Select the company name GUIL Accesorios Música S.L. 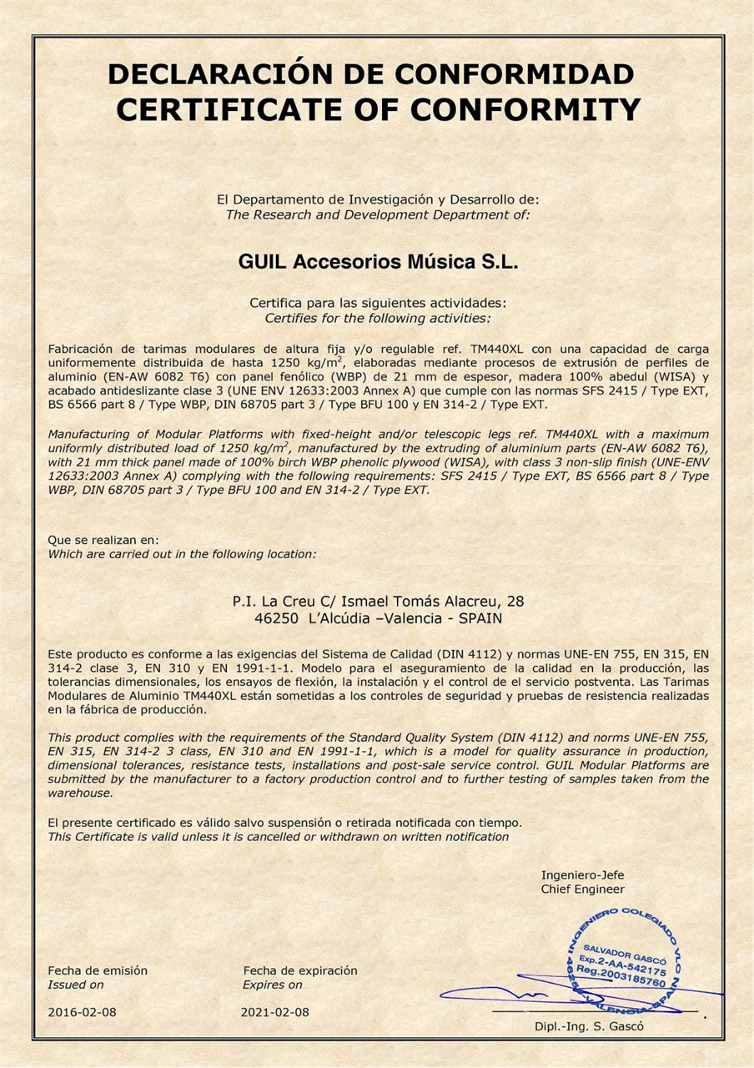378,262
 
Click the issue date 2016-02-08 82,1012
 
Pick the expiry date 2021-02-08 274,1012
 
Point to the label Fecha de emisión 98,970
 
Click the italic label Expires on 273,985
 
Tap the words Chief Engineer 582,889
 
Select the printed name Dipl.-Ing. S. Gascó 589,1026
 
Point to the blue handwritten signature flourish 500,995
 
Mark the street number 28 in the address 515,600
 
